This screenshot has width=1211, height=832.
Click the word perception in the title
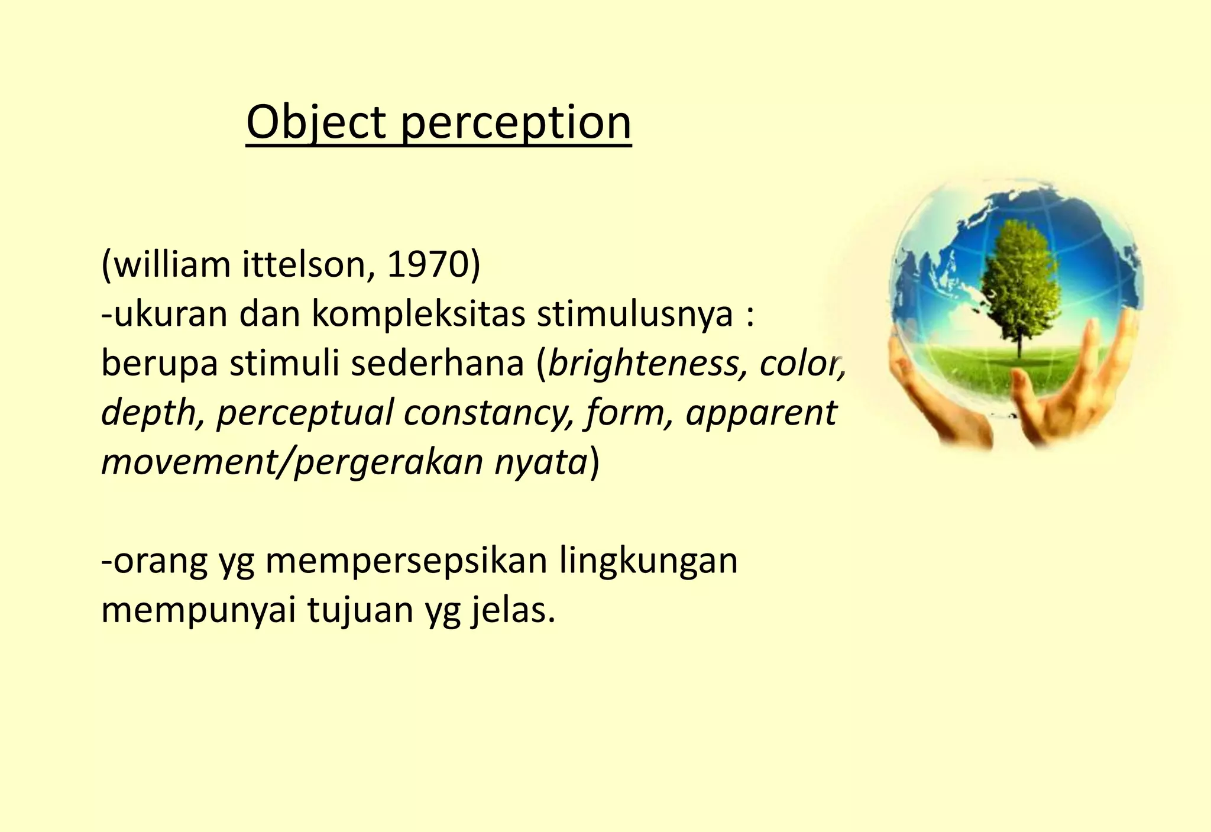pyautogui.click(x=516, y=124)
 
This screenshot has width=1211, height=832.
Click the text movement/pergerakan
pyautogui.click(x=292, y=462)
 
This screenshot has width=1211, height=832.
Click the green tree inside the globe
pyautogui.click(x=1019, y=278)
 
